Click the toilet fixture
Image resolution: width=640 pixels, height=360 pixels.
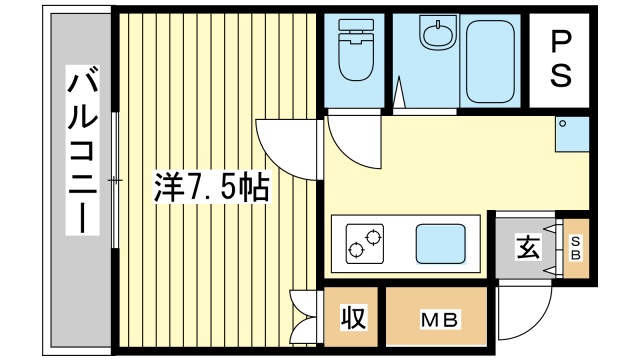coord(354,55)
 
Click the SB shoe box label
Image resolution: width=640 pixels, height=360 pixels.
coord(576,247)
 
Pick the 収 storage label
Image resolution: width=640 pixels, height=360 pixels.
coord(353,318)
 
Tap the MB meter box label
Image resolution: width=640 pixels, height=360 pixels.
coord(437,320)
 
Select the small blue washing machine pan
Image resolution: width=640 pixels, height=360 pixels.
coord(571,135)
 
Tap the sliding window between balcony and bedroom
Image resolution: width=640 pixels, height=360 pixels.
coord(115,180)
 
